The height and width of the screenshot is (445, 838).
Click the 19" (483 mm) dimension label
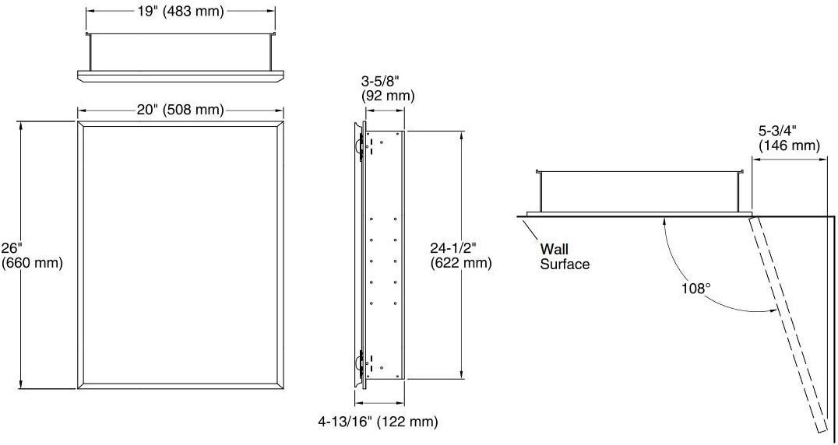coord(180,11)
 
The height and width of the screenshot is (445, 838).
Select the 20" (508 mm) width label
coord(180,110)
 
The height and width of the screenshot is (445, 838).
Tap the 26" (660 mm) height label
coord(32,255)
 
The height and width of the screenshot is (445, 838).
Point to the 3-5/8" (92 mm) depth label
coord(388,89)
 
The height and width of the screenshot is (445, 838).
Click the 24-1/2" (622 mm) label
coord(461,255)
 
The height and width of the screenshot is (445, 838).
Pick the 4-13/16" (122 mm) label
coord(378,422)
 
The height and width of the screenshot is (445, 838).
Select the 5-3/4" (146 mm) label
coord(790,138)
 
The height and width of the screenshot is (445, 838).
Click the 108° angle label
coord(695,288)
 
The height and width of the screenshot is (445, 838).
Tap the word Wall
coord(555,249)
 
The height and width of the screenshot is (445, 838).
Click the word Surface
coord(565,264)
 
